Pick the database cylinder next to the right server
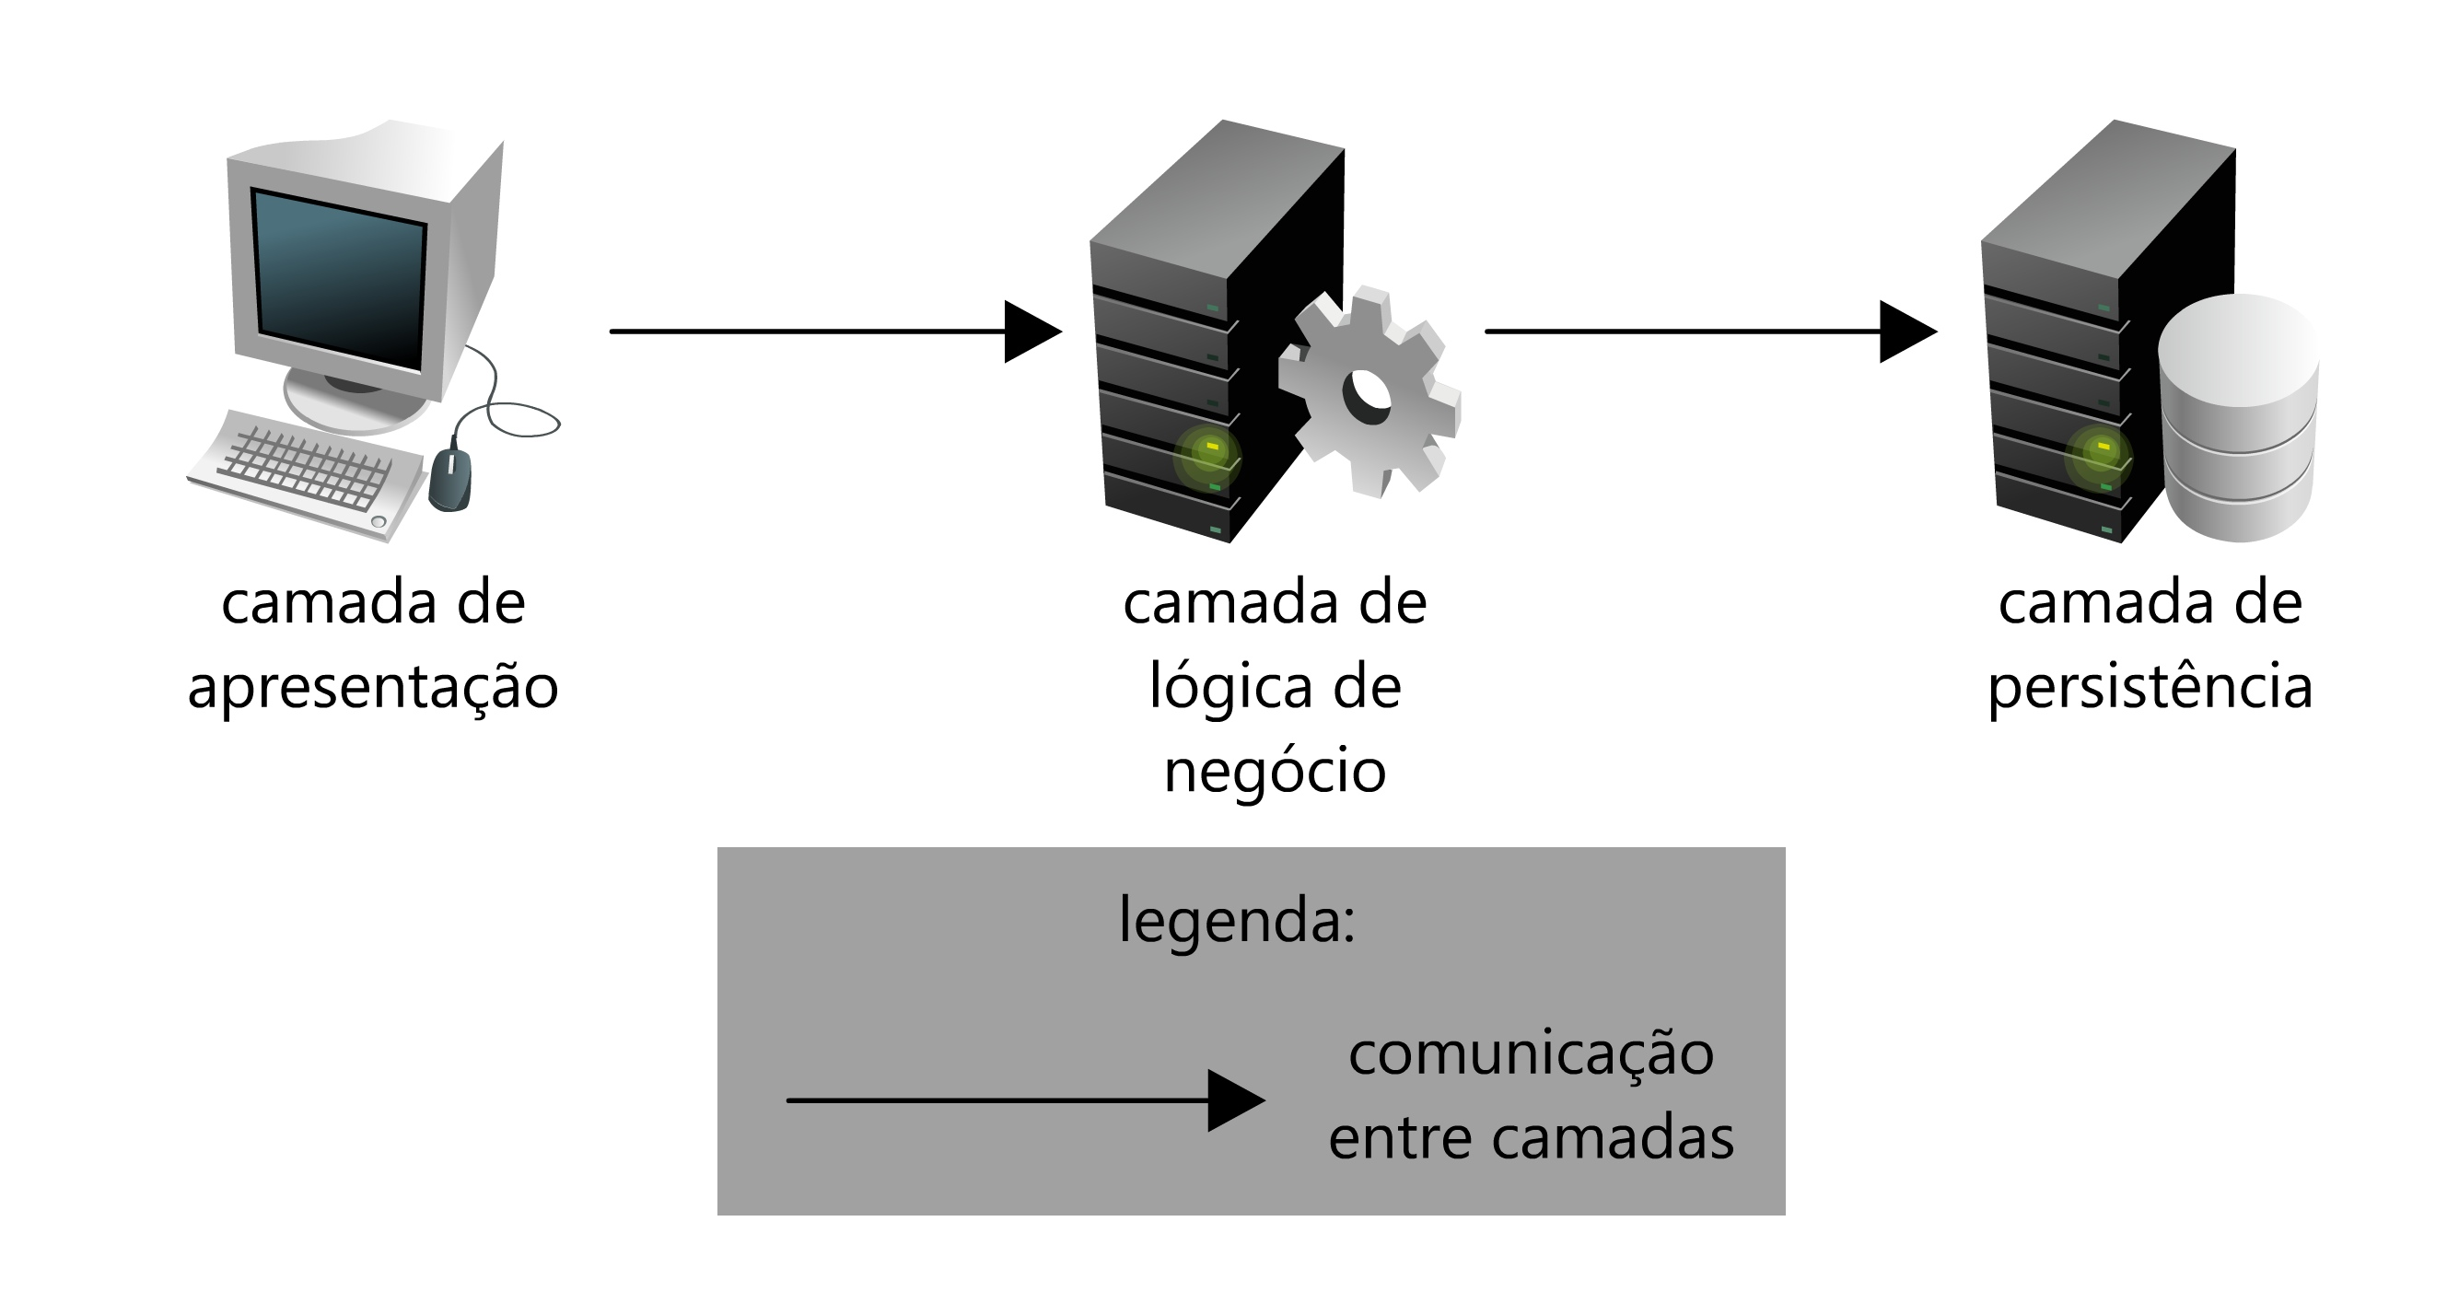click(2238, 420)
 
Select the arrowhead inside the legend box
click(1234, 1100)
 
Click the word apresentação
click(373, 687)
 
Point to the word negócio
click(1275, 772)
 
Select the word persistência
click(2150, 687)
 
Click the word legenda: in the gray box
click(1236, 921)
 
